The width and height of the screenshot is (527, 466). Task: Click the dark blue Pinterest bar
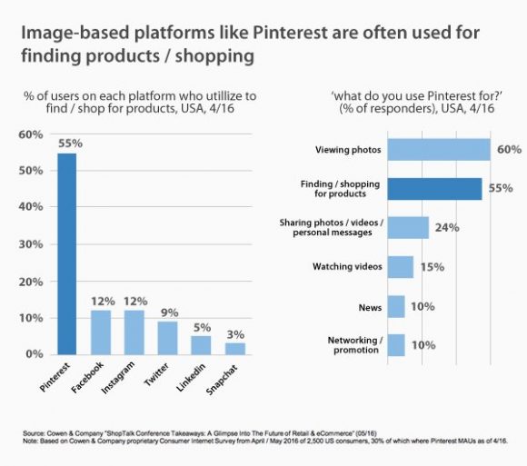67,253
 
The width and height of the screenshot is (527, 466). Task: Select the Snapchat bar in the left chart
235,348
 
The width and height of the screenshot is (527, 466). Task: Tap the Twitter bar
167,337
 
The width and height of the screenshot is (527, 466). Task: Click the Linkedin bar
201,344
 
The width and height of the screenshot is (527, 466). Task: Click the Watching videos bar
401,267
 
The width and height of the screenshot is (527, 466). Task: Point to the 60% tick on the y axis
30,134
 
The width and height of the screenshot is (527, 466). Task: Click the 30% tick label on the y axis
30,244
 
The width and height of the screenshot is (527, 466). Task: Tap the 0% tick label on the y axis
33,354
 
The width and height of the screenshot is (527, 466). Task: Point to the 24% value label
446,228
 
